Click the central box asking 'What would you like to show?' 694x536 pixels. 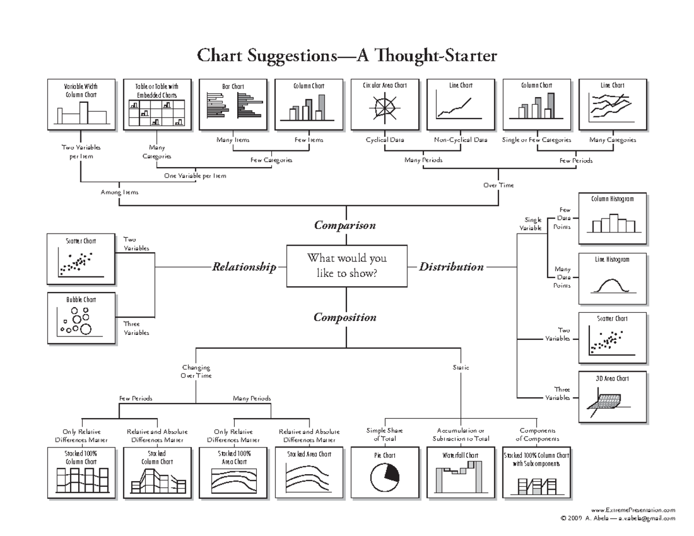(346, 266)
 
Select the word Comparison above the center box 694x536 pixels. (345, 226)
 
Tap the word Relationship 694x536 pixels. (243, 267)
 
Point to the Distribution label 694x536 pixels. (451, 267)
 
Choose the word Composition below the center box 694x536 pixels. (345, 317)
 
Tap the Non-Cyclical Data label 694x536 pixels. (460, 140)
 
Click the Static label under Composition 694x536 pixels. (460, 367)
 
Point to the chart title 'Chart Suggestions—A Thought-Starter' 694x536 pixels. (346, 56)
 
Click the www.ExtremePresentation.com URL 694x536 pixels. (633, 510)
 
